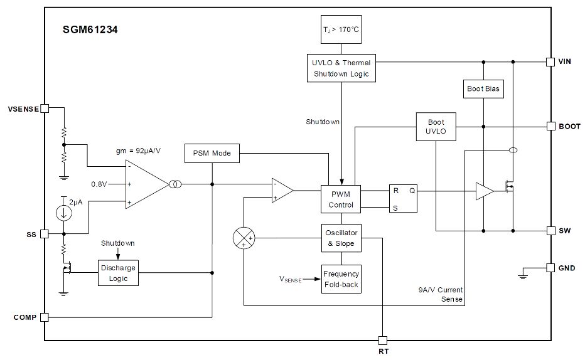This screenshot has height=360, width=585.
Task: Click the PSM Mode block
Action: (x=212, y=153)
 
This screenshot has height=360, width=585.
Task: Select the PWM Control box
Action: (x=341, y=199)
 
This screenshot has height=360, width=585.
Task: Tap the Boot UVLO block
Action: (x=436, y=127)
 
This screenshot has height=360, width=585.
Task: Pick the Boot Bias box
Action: (x=483, y=88)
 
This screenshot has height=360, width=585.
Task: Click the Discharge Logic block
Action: (x=118, y=273)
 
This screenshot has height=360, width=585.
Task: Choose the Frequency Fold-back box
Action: (x=341, y=279)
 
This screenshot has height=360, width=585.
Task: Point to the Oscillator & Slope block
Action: (x=341, y=238)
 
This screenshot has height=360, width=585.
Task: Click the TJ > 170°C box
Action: (x=341, y=29)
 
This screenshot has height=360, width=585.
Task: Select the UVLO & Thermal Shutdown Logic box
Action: (x=341, y=68)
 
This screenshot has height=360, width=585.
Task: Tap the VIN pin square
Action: (x=550, y=62)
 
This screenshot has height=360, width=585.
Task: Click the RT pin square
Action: (x=383, y=341)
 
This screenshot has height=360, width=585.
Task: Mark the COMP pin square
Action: (x=45, y=317)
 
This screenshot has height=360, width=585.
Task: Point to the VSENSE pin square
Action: (x=45, y=109)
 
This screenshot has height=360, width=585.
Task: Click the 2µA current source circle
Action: (x=64, y=213)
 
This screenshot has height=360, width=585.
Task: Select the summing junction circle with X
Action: (x=244, y=238)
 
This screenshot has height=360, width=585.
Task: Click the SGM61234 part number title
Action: (x=90, y=30)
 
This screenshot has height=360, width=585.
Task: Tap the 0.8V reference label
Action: (x=99, y=184)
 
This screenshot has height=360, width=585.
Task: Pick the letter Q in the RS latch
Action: (x=412, y=191)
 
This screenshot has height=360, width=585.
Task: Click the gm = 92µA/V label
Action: (x=139, y=151)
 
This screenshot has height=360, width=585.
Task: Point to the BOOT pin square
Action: (x=550, y=126)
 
